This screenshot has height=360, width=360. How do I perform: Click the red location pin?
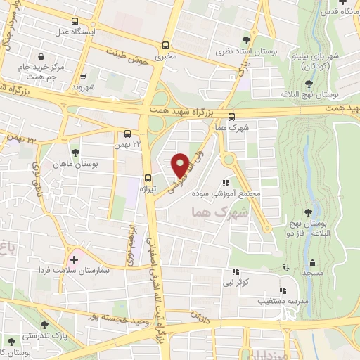click(180, 165)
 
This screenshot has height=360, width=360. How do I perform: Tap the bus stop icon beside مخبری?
click(166, 44)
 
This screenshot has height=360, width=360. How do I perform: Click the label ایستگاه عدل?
click(76, 32)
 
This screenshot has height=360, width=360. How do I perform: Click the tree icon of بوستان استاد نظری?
click(245, 39)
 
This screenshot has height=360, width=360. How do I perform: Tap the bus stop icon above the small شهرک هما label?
click(232, 117)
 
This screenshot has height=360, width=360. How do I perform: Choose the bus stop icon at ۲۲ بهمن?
click(127, 133)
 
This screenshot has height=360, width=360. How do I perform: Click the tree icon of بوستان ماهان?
click(75, 152)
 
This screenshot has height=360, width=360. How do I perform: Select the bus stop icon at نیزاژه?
click(148, 177)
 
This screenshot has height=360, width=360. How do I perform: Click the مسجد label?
click(313, 271)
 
